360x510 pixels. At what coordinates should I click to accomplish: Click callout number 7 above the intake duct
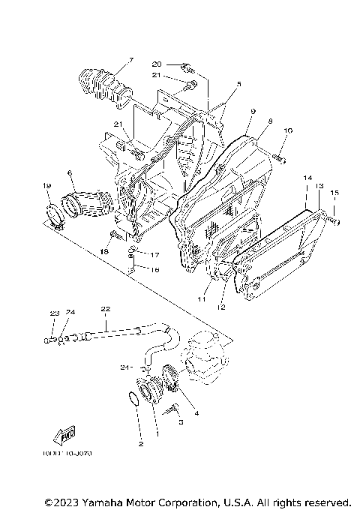click(130, 60)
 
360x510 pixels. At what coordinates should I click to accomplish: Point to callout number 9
click(253, 111)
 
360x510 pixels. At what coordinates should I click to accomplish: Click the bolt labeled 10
click(279, 157)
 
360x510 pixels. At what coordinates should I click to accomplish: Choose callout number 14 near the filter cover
click(307, 178)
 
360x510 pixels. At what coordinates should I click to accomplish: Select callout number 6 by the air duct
click(69, 172)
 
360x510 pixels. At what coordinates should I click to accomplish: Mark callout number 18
click(104, 252)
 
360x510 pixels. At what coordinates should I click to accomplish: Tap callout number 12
click(222, 307)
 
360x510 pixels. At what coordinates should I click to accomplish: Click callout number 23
click(54, 313)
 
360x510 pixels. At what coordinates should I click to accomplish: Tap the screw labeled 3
click(174, 409)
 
